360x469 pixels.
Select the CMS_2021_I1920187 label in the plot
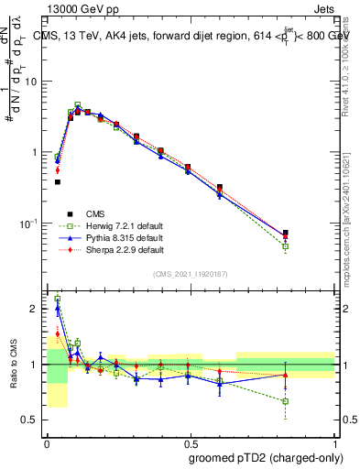pos(191,273)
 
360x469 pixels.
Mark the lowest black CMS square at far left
pos(58,182)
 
